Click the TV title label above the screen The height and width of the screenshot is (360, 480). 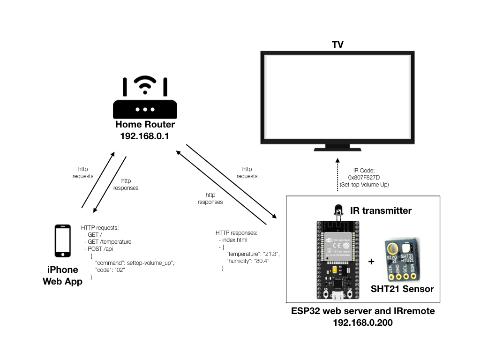[x=337, y=45]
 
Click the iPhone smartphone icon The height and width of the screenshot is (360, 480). [x=63, y=241]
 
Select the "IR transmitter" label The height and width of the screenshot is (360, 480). [x=381, y=211]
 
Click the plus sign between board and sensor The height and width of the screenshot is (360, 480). [x=372, y=262]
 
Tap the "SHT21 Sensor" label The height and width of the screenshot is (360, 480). [x=402, y=289]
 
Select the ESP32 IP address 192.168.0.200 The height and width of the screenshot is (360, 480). [x=363, y=322]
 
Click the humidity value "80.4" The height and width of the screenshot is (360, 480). [x=261, y=260]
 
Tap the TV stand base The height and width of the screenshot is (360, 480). [x=337, y=149]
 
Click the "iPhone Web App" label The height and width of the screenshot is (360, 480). [x=63, y=276]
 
